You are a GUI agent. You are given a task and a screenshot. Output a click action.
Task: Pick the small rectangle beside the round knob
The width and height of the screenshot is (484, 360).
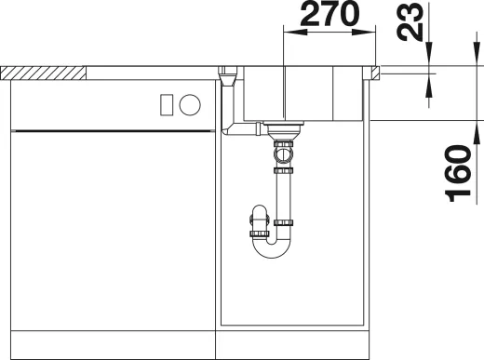167,104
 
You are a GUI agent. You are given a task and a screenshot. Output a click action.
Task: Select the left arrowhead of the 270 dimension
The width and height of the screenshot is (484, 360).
288,33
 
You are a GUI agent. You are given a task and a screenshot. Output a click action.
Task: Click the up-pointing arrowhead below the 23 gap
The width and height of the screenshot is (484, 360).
431,84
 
